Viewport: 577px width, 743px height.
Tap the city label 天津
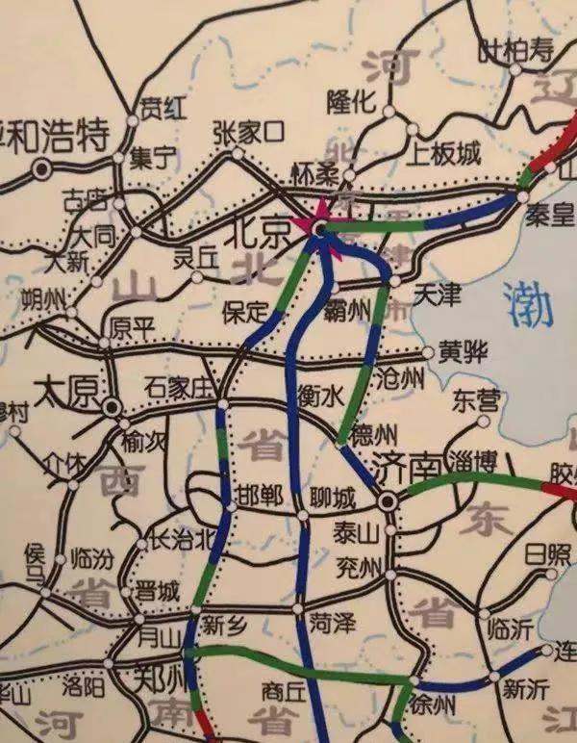point(437,295)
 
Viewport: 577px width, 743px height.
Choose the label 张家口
point(248,131)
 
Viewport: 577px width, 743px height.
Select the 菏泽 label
point(334,624)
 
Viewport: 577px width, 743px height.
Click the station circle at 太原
point(113,409)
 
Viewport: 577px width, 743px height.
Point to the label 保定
point(244,312)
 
